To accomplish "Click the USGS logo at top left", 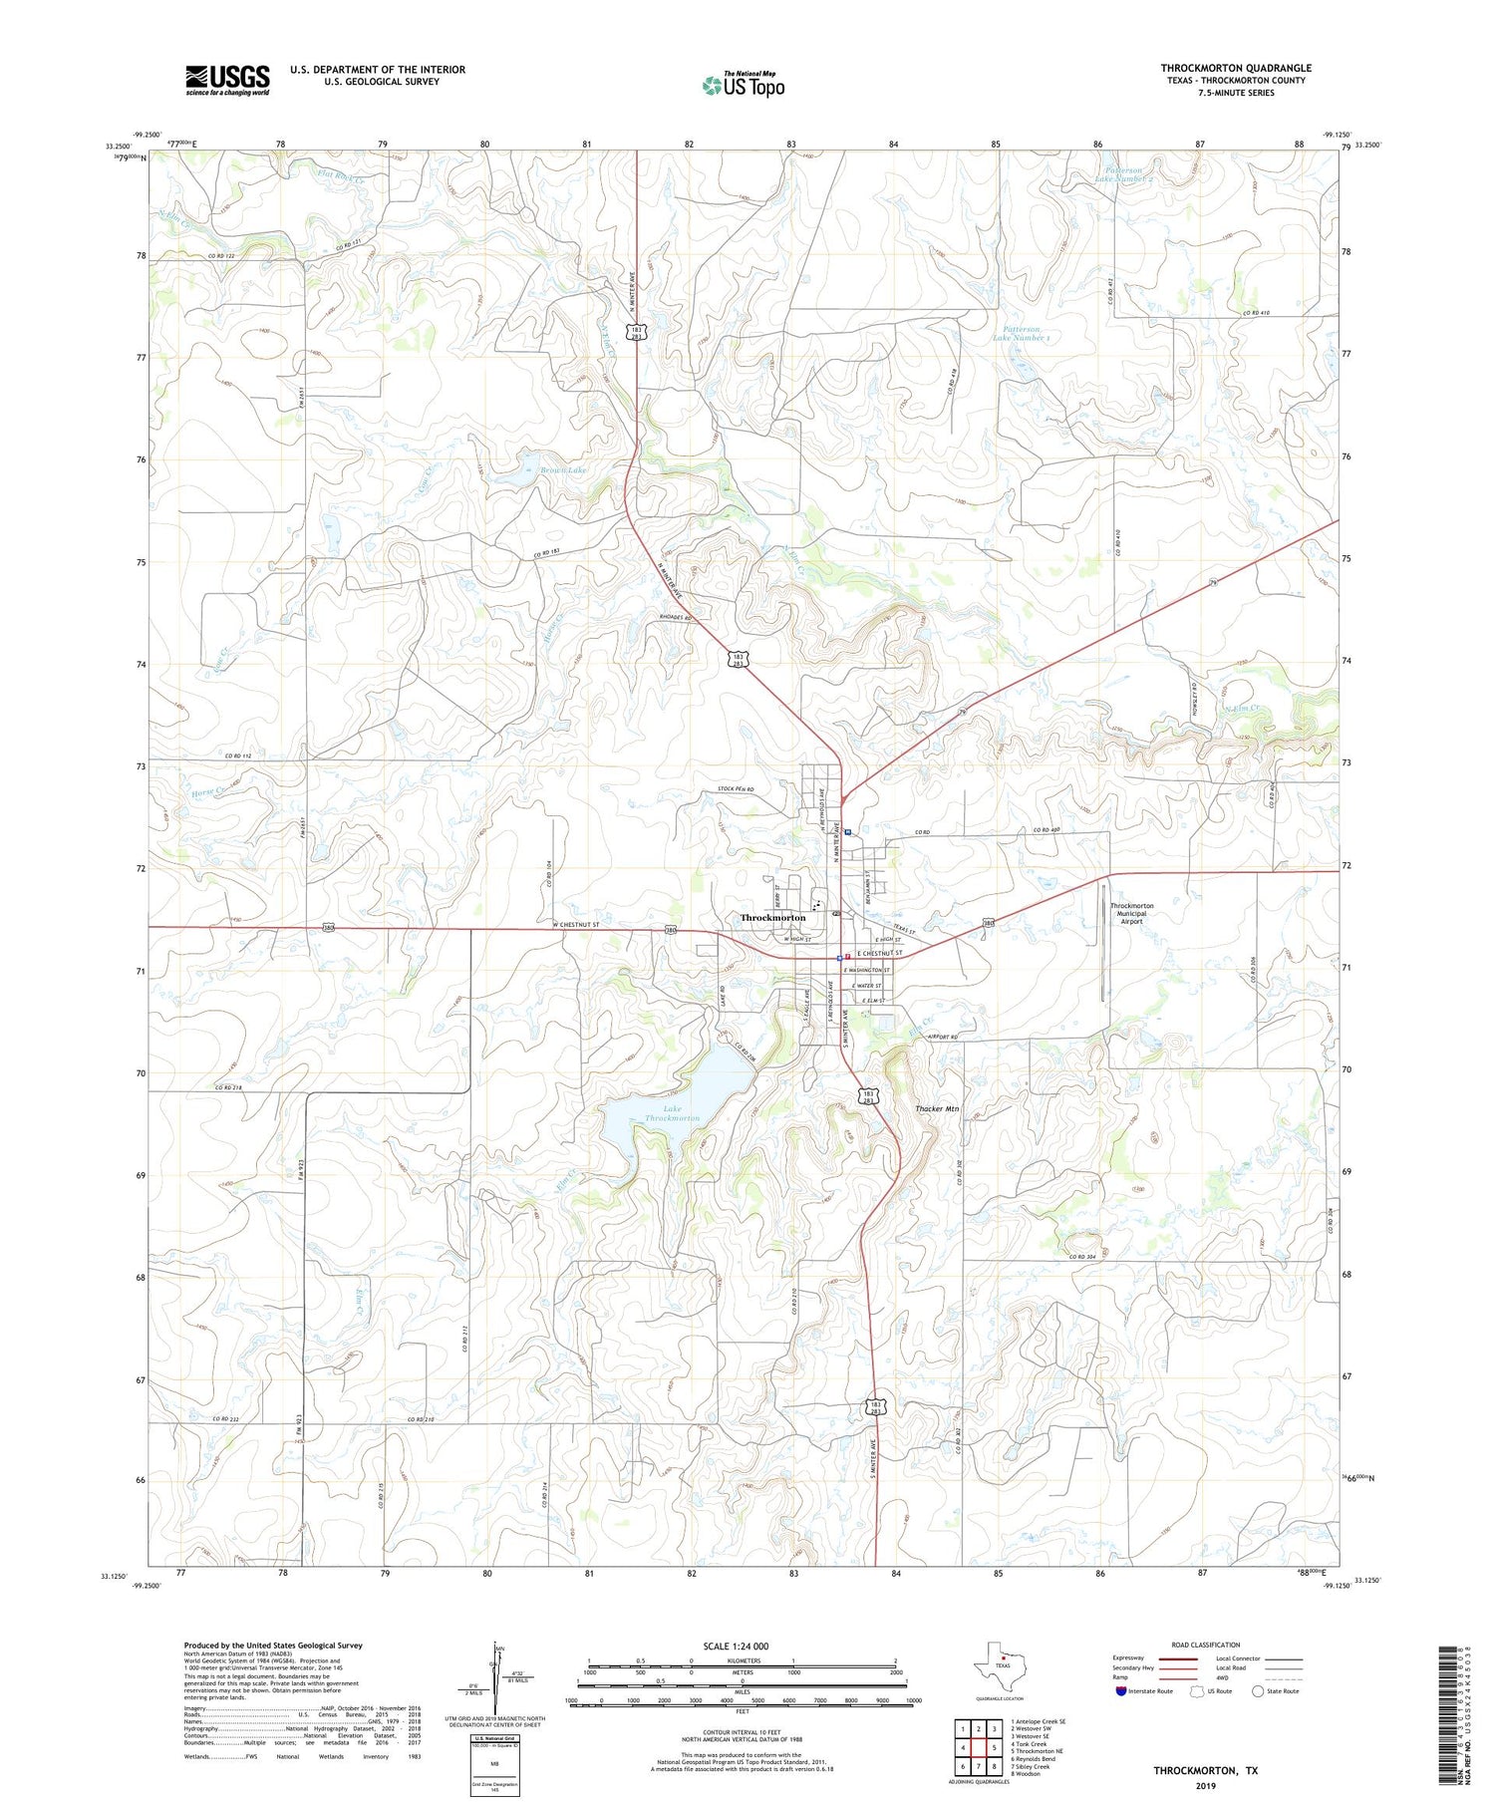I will tap(227, 80).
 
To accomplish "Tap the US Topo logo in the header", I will tap(743, 86).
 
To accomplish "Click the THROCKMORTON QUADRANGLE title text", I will tap(1235, 68).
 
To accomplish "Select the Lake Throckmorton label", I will tap(672, 1113).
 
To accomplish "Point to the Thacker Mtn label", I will tap(937, 1108).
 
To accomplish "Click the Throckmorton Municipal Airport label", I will tap(1131, 913).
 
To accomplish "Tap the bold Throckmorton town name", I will tap(772, 917).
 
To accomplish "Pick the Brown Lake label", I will tap(563, 469).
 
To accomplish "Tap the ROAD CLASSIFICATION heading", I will tap(1205, 1645).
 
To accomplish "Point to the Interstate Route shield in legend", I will tap(1121, 1691).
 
